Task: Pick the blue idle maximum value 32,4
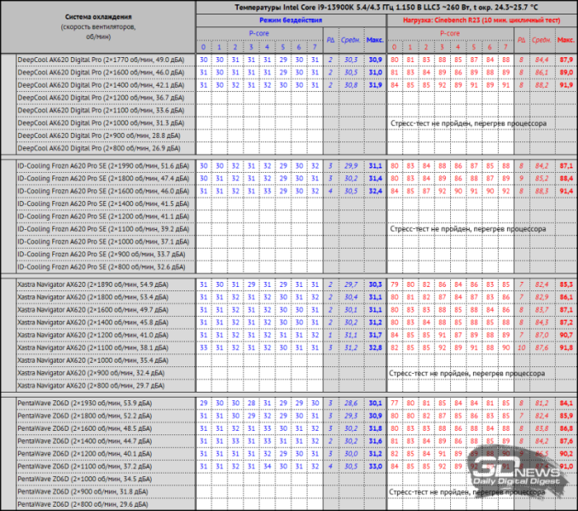pos(375,191)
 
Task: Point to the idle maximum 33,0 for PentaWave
pos(375,466)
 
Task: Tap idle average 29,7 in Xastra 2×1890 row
pos(350,284)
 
